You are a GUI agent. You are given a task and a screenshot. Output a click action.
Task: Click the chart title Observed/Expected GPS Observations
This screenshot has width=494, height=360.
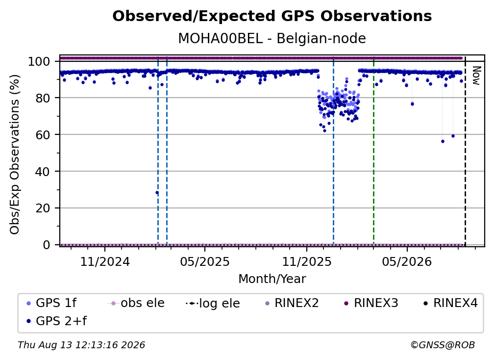coord(272,16)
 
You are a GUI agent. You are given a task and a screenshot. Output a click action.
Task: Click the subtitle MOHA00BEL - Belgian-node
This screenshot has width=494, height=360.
coord(272,38)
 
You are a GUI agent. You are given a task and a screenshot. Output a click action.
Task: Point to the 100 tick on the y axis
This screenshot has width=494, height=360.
coord(39,61)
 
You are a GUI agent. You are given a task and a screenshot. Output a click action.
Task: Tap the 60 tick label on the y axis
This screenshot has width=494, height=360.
coord(43,134)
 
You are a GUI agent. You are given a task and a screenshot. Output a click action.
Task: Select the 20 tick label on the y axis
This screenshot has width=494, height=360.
coord(43,208)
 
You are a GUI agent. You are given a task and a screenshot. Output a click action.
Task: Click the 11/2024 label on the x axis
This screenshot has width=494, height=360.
coord(105,261)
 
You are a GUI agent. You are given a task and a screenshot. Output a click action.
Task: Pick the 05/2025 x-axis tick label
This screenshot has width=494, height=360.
coord(205,261)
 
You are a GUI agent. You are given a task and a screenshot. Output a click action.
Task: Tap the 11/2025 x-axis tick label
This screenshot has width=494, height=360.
coord(307,261)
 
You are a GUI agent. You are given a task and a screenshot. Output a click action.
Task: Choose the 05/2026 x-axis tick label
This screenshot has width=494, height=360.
coord(407,261)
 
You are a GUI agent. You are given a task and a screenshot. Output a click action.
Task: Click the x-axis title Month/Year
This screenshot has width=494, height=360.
coord(272,279)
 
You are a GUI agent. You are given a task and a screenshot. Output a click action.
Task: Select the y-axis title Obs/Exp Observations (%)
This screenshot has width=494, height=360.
coord(15,154)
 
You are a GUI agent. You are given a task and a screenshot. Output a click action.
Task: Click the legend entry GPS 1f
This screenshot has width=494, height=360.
coord(51,303)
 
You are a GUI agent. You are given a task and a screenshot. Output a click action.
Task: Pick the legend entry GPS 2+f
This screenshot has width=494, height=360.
coord(56,321)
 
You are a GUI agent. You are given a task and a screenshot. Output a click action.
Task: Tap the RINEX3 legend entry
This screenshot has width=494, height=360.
coord(371,303)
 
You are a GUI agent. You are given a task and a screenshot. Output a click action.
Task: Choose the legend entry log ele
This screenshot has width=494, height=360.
coord(213,303)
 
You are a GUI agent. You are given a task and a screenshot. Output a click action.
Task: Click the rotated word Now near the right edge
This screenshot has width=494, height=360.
coord(476,76)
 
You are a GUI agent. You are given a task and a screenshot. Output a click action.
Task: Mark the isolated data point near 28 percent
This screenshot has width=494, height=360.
coord(157,193)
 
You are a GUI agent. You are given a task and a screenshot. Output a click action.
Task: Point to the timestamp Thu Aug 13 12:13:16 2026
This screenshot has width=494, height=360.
coord(81,345)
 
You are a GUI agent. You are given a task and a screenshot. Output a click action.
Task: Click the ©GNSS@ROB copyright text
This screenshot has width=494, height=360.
coord(443,345)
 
